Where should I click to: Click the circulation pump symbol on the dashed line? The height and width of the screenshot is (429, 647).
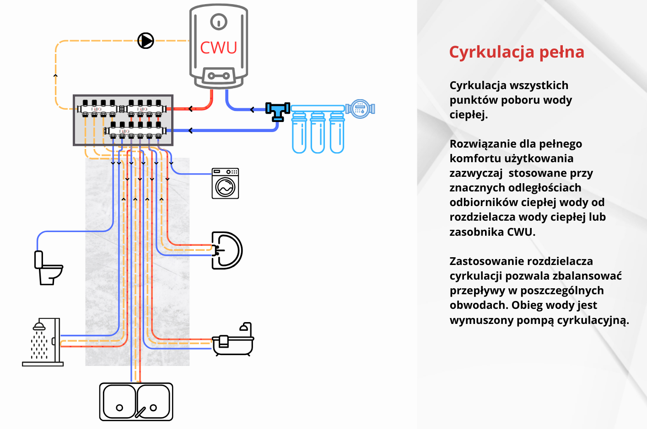[x=146, y=41]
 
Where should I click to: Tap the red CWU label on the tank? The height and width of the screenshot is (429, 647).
[x=219, y=48]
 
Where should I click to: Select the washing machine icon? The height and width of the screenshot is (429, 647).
[x=225, y=184]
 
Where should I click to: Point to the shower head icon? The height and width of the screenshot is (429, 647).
[x=39, y=326]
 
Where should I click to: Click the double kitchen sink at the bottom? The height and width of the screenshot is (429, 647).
[x=136, y=402]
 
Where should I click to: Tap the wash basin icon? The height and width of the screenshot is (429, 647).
[x=227, y=250]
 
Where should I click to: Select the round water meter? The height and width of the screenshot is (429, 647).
[x=360, y=109]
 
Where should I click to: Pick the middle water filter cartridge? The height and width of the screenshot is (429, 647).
[x=318, y=132]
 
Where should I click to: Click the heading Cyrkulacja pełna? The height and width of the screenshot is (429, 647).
[x=517, y=52]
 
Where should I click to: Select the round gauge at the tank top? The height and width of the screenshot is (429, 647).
[x=219, y=21]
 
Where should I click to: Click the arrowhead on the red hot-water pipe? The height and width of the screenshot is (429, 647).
[x=191, y=109]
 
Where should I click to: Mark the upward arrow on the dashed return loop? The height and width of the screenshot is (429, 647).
[x=56, y=75]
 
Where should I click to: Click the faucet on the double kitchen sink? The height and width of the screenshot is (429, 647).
[x=140, y=412]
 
